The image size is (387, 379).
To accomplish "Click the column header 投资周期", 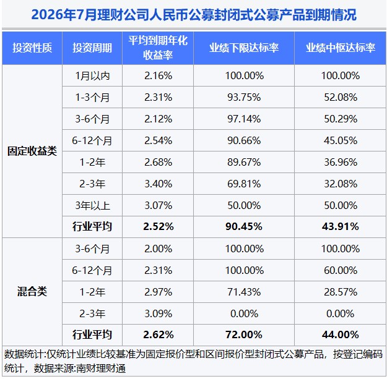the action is coord(92,48).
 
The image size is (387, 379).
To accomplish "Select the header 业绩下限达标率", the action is coord(244,48).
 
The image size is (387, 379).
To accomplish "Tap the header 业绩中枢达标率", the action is coord(341,48).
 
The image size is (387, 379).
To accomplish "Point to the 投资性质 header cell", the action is coord(32,48).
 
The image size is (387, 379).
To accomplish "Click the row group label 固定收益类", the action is coord(32,151).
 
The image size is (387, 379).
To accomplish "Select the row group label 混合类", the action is coord(32,292).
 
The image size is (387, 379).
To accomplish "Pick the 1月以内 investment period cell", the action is coord(92,75).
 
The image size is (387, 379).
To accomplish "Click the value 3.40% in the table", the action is coord(159,184).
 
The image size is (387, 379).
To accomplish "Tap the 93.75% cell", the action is coord(244,97).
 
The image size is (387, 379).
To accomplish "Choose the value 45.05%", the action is coord(341,141).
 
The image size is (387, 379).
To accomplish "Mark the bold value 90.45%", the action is coord(244,227).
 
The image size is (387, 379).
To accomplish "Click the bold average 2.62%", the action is coord(159,335).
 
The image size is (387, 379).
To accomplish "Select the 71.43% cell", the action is coord(244,292).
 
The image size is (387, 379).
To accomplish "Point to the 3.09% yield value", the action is coord(159,313).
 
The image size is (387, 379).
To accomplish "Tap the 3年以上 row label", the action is coord(92,205).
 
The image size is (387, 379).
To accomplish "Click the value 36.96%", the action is coord(341,163).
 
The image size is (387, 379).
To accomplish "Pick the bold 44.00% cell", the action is coord(341,335).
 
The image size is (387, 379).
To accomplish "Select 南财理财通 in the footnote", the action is coord(101,368).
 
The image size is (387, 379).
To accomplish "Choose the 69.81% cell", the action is coord(244,184).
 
